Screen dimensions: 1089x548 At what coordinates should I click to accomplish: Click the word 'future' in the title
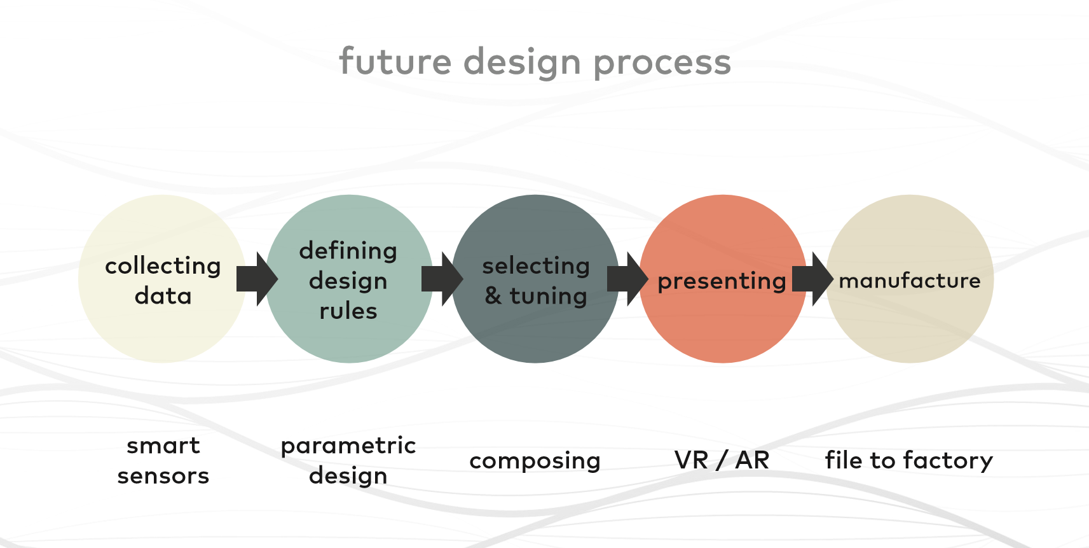(x=395, y=61)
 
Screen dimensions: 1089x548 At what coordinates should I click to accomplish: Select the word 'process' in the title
(x=662, y=64)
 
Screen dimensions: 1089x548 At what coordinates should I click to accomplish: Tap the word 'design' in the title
(x=522, y=63)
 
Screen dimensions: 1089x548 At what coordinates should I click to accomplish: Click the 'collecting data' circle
(x=162, y=279)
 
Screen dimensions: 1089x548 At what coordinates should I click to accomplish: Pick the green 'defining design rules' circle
(x=349, y=279)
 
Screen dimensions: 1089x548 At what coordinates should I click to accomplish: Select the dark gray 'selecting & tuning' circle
(x=536, y=279)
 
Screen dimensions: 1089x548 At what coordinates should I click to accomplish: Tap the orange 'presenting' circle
(x=723, y=279)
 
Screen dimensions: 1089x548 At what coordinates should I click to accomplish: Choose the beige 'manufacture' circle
(x=910, y=279)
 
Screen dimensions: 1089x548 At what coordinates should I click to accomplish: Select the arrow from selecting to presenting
(x=627, y=279)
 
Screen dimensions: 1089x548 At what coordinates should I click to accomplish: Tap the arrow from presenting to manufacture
(x=813, y=279)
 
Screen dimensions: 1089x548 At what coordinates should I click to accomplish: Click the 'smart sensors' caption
(x=163, y=460)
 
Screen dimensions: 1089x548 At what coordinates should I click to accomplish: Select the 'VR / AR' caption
(x=722, y=460)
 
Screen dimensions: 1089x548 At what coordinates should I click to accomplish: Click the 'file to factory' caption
(x=909, y=460)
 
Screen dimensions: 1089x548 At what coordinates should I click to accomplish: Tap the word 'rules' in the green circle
(x=348, y=311)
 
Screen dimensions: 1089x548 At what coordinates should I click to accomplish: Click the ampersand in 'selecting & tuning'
(x=493, y=295)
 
